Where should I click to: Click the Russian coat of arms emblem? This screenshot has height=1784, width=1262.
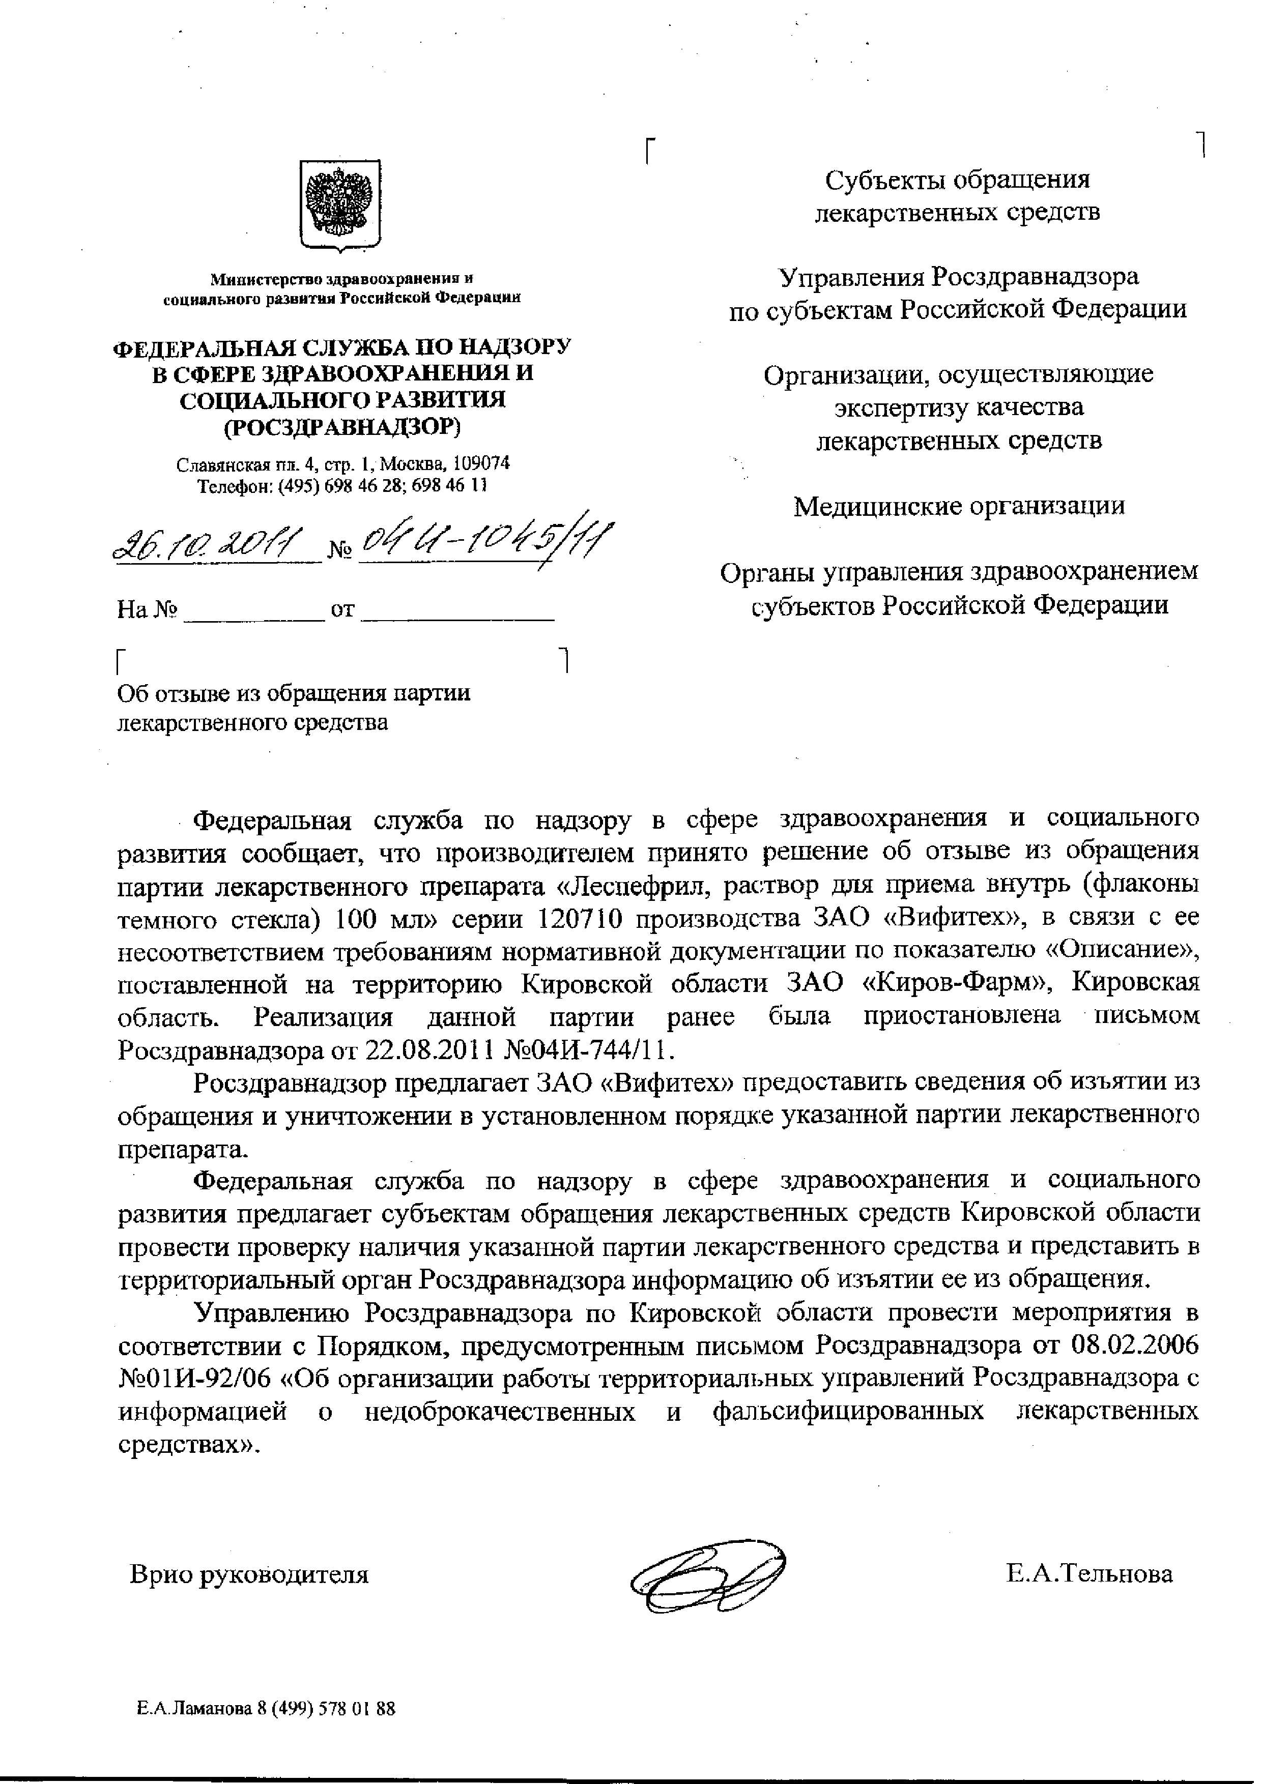[x=340, y=205]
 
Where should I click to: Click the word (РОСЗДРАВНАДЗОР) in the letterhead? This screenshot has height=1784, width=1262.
[x=342, y=427]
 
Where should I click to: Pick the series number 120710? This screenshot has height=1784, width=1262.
[x=579, y=918]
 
